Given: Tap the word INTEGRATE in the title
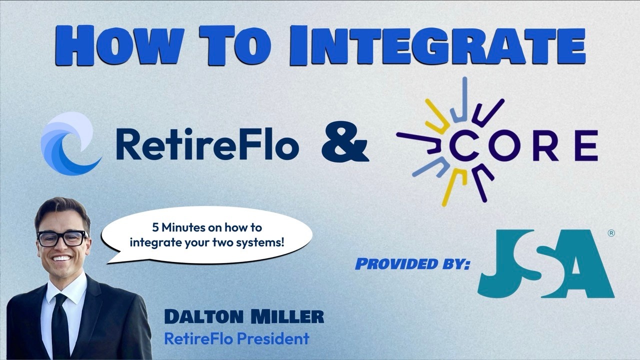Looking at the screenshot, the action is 437,45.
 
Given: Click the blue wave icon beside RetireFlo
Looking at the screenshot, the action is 71,143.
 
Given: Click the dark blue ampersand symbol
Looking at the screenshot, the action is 345,141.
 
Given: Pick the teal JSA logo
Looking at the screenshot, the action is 545,263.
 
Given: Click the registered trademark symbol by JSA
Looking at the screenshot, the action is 611,233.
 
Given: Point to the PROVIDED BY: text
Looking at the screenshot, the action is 412,263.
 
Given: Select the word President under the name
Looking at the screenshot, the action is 273,338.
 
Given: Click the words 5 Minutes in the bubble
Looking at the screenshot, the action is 178,227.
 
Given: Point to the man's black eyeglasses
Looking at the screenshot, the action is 62,238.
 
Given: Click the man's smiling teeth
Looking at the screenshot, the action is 61,258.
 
